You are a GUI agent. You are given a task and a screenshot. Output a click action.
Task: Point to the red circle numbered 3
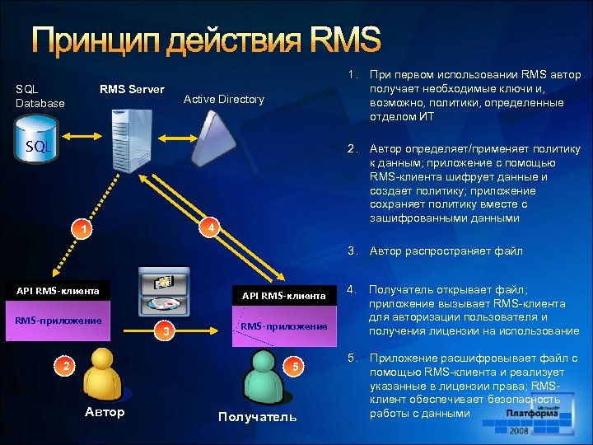point(167,331)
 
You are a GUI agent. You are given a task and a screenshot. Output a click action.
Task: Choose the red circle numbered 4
point(210,227)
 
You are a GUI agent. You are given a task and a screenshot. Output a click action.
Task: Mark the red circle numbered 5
point(298,364)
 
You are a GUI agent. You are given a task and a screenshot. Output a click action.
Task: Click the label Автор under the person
point(105,412)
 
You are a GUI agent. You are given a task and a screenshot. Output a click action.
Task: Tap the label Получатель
point(257,416)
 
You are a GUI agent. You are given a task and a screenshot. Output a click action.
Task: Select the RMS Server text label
point(132,89)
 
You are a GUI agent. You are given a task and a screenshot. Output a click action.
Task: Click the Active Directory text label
point(223,99)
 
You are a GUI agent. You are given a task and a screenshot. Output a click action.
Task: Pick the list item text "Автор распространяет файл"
point(446,251)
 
